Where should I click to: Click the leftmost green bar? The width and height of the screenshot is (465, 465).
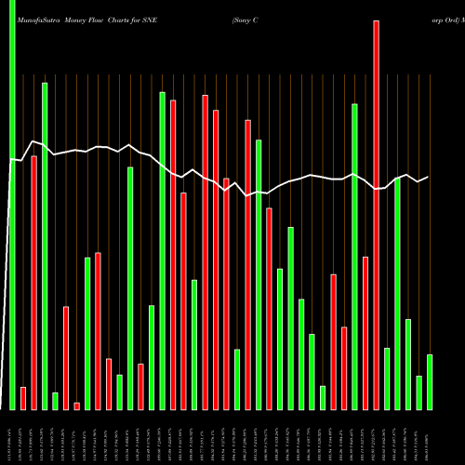[12, 205]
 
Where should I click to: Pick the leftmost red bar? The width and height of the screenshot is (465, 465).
[23, 398]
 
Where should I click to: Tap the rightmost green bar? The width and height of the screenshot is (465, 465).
[430, 381]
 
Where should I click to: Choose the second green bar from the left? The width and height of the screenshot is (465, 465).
[45, 246]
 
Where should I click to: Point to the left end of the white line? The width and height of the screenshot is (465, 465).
[10, 160]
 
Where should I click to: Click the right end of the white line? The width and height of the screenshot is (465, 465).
[429, 177]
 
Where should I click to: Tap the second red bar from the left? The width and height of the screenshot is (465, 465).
[33, 283]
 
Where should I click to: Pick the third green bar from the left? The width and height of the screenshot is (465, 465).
[55, 401]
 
